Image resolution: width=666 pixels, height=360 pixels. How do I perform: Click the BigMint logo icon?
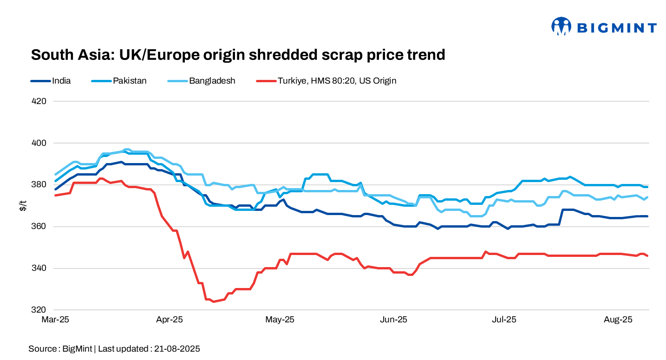point(561,26)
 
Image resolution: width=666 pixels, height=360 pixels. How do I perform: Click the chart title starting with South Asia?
point(238,55)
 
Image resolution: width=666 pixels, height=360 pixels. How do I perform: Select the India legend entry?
point(61,81)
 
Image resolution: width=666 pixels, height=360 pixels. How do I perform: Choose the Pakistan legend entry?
point(130,81)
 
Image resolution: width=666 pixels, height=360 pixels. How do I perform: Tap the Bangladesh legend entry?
point(212,81)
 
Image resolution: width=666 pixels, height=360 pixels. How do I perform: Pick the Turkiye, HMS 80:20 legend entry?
point(337,81)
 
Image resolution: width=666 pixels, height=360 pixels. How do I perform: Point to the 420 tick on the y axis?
point(39,101)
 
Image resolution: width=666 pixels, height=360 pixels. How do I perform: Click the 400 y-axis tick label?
point(39,143)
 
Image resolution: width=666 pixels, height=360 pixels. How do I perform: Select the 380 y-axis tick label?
point(39,185)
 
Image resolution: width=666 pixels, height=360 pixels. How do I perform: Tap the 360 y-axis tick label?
point(39,227)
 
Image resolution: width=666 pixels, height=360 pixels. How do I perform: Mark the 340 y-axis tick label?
point(39,268)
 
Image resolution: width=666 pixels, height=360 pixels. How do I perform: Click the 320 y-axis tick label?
point(39,310)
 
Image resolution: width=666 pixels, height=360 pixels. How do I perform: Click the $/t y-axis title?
point(22,206)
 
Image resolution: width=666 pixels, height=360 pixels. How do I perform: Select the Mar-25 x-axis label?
point(55,320)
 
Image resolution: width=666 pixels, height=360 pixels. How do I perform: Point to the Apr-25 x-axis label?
point(169,320)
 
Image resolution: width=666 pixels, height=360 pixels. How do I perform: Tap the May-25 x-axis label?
point(280,320)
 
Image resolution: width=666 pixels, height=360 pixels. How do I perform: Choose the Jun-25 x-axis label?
point(393,320)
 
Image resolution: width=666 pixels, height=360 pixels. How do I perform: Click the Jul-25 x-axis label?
point(504,320)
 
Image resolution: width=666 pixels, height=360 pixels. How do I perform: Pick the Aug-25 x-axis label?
point(618,320)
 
